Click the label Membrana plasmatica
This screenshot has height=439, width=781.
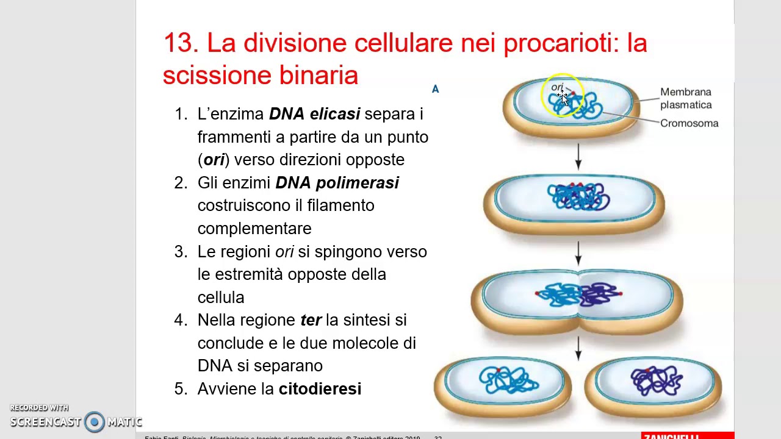[685, 98]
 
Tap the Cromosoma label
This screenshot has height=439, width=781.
[689, 123]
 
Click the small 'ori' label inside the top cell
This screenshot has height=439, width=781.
[556, 88]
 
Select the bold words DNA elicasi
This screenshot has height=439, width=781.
[314, 114]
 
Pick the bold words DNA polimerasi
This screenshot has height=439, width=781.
[337, 183]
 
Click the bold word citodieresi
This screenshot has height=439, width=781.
[320, 389]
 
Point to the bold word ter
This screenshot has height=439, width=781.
[311, 320]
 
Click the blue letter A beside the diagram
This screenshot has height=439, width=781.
[435, 89]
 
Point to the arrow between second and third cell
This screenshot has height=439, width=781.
[578, 252]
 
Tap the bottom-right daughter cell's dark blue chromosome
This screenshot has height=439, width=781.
[656, 381]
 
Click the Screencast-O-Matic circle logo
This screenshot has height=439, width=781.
[95, 421]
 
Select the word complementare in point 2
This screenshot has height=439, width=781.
[254, 229]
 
